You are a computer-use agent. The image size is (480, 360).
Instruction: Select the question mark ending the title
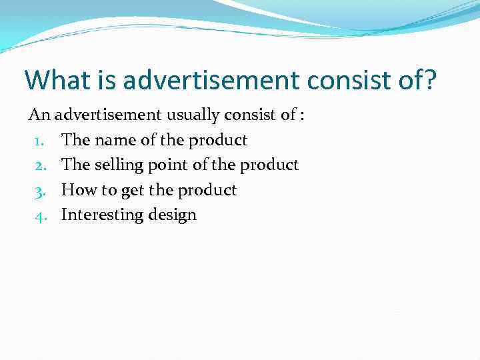click(x=430, y=80)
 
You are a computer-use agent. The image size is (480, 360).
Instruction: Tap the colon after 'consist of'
click(x=303, y=115)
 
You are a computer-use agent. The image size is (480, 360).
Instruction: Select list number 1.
click(x=39, y=141)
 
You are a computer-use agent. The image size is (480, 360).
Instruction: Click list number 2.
click(x=39, y=165)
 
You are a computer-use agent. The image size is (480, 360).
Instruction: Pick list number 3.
click(x=39, y=191)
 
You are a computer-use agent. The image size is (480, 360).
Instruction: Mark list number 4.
click(x=39, y=215)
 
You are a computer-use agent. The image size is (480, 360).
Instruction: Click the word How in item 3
click(x=79, y=191)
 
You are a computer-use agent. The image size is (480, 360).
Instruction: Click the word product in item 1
click(x=217, y=141)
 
